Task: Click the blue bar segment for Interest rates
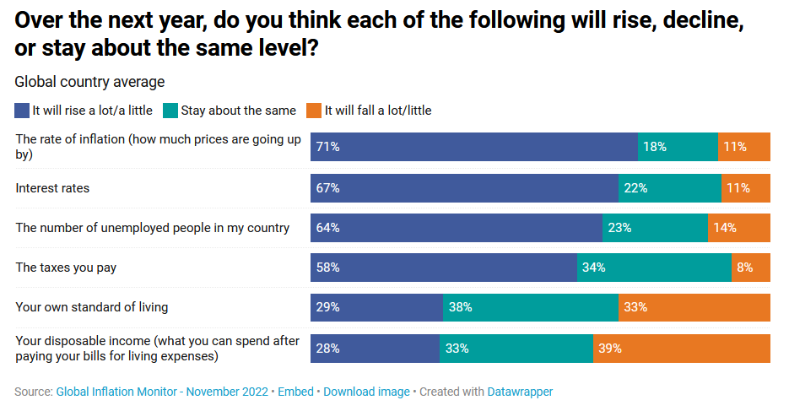click(x=464, y=188)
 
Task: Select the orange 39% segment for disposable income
click(x=682, y=348)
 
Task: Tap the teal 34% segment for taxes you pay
click(x=654, y=268)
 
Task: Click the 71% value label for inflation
click(x=327, y=147)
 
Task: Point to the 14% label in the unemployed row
click(x=724, y=228)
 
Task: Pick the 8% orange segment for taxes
click(x=750, y=268)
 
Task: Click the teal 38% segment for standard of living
click(x=531, y=308)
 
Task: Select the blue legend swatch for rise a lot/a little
click(x=22, y=111)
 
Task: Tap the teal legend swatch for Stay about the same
click(x=170, y=111)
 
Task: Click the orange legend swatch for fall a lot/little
click(x=314, y=111)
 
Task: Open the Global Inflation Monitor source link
click(x=162, y=392)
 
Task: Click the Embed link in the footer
click(x=295, y=392)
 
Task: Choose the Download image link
click(x=366, y=392)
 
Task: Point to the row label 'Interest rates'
click(x=52, y=188)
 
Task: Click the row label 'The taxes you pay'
click(x=66, y=268)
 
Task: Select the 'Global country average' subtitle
click(x=89, y=82)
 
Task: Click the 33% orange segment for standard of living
click(x=694, y=308)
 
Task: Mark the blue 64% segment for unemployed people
click(x=456, y=228)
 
